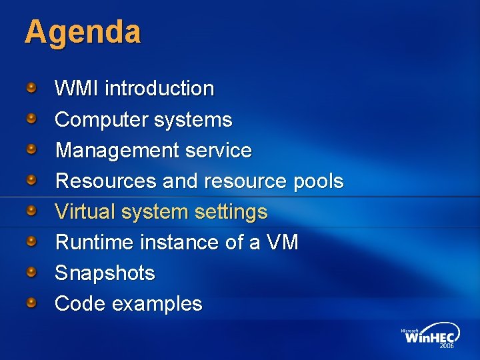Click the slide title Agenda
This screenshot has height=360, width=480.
tap(83, 32)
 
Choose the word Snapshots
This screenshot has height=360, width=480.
tap(105, 273)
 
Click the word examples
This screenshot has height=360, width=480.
tap(157, 303)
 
